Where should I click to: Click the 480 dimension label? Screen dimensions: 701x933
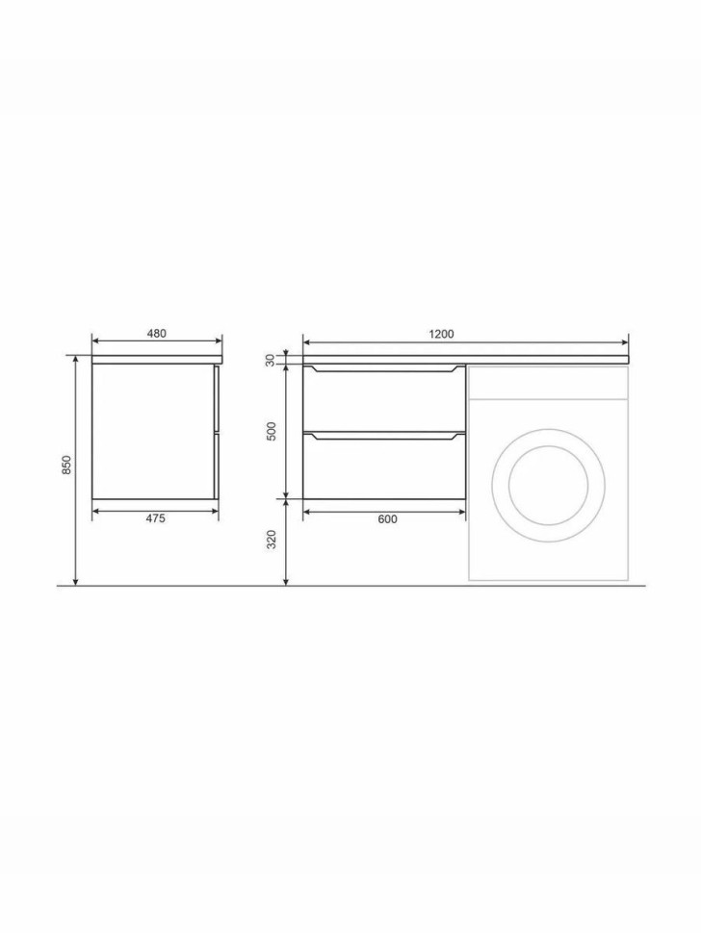[x=157, y=333]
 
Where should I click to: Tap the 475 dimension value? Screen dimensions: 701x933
[x=155, y=518]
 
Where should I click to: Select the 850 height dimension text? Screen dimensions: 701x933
[x=67, y=465]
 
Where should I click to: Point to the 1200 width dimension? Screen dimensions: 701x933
[x=441, y=334]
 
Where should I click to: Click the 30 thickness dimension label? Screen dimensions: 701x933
[x=270, y=360]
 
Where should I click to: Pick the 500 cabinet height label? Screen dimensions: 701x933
[x=272, y=431]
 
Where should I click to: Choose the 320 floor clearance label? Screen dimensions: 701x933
[x=272, y=540]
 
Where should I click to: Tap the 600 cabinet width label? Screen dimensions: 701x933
[x=387, y=519]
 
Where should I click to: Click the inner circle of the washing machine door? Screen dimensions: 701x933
[x=549, y=485]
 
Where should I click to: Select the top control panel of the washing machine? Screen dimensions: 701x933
[x=549, y=383]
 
